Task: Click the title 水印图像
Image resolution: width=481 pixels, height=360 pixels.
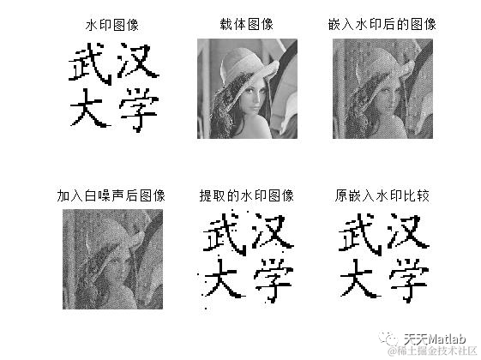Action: pyautogui.click(x=112, y=25)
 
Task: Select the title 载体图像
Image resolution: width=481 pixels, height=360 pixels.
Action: pyautogui.click(x=247, y=24)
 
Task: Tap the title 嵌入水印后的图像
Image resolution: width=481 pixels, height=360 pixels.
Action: pyautogui.click(x=382, y=24)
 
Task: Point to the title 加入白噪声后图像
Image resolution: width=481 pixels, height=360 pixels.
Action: pyautogui.click(x=111, y=195)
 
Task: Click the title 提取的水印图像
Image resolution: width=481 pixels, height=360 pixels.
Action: pyautogui.click(x=247, y=195)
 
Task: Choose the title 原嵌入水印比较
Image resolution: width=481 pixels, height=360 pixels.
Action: pyautogui.click(x=382, y=195)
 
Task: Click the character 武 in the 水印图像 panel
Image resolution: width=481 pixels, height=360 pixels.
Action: pyautogui.click(x=90, y=64)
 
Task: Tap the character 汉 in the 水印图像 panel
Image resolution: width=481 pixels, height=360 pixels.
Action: pyautogui.click(x=138, y=60)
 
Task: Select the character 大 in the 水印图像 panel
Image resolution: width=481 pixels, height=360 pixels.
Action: pyautogui.click(x=90, y=108)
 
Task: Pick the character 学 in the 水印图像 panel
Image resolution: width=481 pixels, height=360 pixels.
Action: pyautogui.click(x=139, y=110)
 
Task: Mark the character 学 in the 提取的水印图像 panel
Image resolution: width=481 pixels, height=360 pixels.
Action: pyautogui.click(x=274, y=280)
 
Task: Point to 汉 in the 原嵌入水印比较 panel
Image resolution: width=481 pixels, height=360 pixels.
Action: pyautogui.click(x=407, y=231)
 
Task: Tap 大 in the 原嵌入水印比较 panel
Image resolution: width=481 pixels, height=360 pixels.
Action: pyautogui.click(x=360, y=279)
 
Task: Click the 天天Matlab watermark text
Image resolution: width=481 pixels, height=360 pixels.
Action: pyautogui.click(x=435, y=339)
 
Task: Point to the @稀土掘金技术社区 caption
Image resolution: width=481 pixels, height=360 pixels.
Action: pyautogui.click(x=432, y=351)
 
